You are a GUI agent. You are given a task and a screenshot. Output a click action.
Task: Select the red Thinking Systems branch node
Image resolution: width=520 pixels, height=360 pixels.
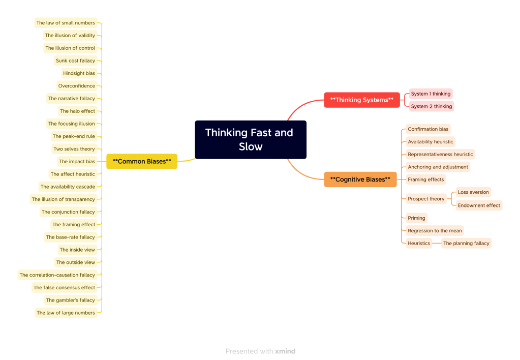[362, 100]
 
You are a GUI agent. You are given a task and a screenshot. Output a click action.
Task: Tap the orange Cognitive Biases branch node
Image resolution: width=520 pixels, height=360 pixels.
[360, 179]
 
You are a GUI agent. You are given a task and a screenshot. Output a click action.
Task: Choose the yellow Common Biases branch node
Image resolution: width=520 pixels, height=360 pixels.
[142, 162]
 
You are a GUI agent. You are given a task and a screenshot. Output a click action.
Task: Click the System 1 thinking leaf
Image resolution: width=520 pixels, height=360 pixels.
[431, 94]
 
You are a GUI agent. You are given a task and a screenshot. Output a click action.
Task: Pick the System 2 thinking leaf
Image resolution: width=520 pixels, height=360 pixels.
[432, 107]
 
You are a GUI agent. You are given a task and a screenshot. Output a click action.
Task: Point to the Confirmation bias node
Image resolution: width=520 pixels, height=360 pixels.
[428, 130]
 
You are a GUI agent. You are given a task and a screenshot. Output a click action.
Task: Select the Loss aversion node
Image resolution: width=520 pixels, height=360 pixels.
[473, 193]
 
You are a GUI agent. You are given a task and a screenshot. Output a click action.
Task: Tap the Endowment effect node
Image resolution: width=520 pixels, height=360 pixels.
[479, 206]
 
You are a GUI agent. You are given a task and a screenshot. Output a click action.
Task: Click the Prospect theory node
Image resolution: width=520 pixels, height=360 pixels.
[426, 199]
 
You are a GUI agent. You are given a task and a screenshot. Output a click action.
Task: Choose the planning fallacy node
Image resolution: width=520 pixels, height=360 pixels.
[466, 244]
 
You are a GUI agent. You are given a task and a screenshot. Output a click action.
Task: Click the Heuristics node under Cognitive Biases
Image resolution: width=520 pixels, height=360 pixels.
[419, 244]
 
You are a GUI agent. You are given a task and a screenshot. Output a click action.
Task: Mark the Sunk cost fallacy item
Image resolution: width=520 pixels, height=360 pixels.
[75, 61]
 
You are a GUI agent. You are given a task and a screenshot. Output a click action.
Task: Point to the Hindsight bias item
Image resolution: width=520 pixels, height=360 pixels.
[79, 74]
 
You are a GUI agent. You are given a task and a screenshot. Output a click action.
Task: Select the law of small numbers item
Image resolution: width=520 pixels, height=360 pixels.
[66, 23]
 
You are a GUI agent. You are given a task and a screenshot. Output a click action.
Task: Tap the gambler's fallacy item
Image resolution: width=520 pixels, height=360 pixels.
[71, 301]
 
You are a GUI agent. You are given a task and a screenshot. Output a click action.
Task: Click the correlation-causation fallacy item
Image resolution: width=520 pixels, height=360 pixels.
[57, 275]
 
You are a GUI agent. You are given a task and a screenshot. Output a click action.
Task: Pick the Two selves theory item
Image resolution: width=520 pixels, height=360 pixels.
[74, 149]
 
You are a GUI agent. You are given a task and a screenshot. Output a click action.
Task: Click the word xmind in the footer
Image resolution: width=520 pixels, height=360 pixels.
[285, 351]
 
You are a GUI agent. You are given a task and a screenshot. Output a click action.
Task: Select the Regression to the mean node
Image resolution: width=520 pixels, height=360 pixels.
[435, 231]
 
